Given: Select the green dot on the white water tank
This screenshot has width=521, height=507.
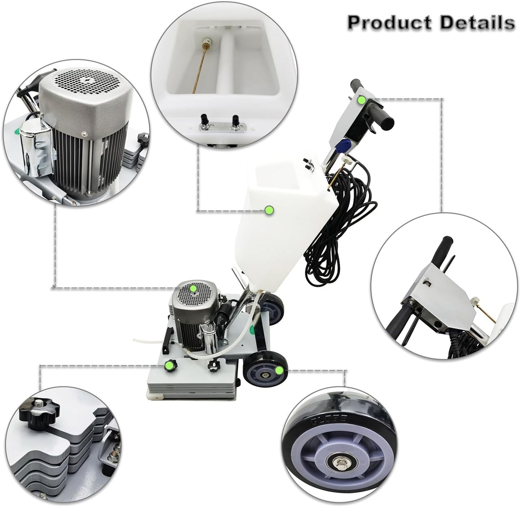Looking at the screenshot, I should tap(268, 210).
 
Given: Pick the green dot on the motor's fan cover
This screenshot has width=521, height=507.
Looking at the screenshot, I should tap(193, 288).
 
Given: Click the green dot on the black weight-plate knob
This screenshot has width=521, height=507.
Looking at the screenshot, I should tap(167, 367).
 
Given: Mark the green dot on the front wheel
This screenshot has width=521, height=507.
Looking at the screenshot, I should tap(278, 370).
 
